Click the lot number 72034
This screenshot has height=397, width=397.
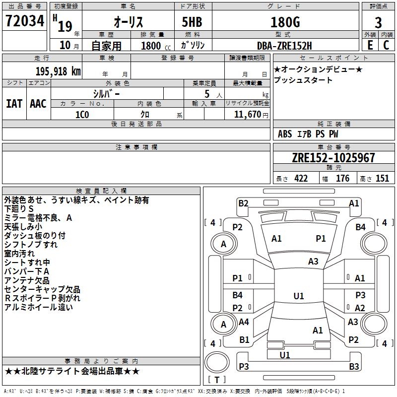(x=25, y=21)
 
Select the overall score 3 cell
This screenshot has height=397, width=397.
(x=378, y=23)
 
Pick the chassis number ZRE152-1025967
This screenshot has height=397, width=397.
(x=333, y=158)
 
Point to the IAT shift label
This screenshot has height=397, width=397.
(x=14, y=103)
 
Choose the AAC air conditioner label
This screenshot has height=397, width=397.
(x=38, y=103)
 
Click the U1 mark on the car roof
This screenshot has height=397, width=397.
(x=299, y=296)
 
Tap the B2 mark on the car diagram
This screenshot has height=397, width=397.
(x=243, y=203)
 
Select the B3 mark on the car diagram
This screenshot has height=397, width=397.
(x=354, y=367)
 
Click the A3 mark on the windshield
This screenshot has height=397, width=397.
(x=313, y=261)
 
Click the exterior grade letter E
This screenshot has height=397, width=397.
(x=370, y=45)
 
